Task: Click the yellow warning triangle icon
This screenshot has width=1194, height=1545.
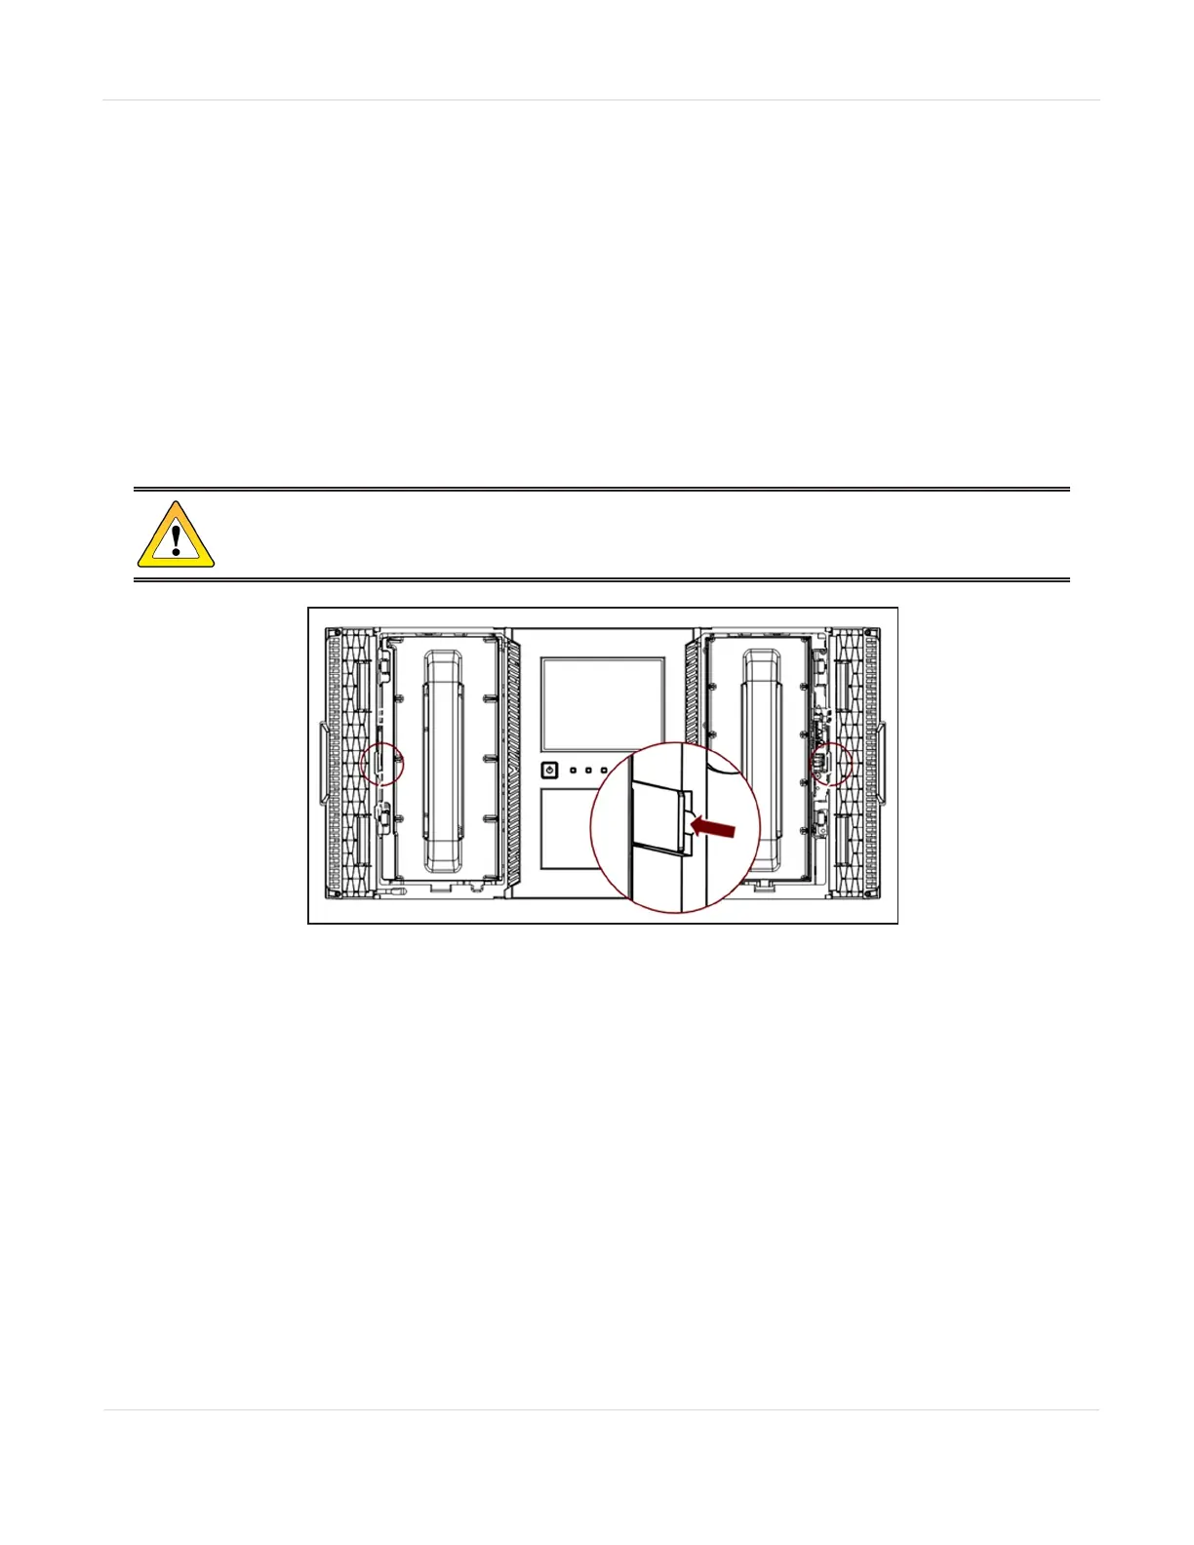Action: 176,536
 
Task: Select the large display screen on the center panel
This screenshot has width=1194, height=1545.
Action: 603,703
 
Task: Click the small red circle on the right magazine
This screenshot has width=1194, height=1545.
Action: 831,764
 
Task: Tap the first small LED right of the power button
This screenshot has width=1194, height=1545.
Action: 574,771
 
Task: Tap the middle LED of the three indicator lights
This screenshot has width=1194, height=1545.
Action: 589,771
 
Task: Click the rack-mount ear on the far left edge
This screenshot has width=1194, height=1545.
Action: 323,763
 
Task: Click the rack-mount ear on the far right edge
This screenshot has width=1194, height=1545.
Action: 884,763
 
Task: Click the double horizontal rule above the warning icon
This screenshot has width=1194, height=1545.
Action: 601,490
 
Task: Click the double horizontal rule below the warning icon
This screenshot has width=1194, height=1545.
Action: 601,580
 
